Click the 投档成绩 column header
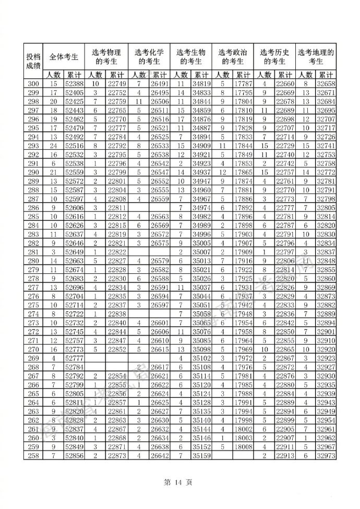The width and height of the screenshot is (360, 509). pos(33,60)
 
